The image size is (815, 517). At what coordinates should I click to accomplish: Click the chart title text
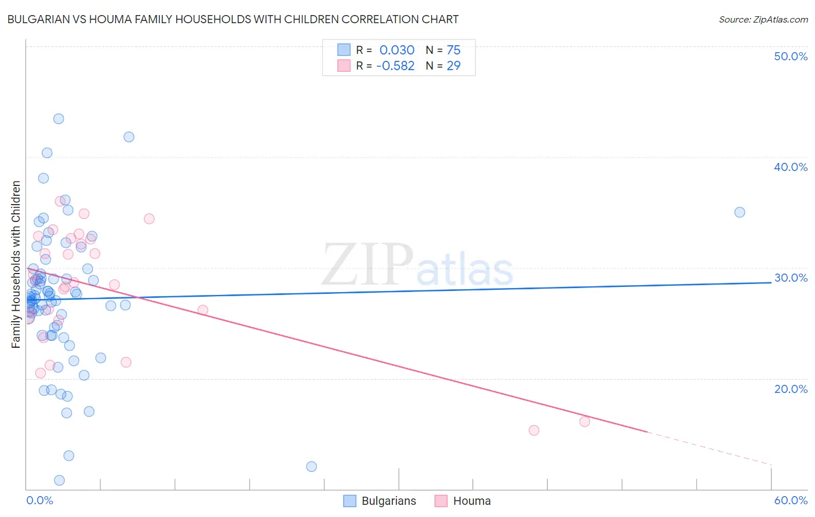(232, 20)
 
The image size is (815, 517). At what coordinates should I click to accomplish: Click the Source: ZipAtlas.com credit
(763, 20)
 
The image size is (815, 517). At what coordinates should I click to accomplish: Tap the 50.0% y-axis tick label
(791, 56)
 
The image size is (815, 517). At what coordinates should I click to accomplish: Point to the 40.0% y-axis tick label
(791, 167)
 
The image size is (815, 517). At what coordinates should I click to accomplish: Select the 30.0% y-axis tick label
(791, 278)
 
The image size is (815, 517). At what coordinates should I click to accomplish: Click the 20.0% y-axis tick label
(791, 389)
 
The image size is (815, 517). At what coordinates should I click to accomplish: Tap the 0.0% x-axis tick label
(39, 500)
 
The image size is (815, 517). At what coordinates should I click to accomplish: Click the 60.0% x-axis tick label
(791, 500)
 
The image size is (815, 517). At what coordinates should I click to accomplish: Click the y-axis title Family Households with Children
(16, 264)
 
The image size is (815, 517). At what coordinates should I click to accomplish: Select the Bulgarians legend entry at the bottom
(380, 501)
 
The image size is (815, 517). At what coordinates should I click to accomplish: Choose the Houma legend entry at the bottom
(463, 501)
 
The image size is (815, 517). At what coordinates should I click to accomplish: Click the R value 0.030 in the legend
(396, 50)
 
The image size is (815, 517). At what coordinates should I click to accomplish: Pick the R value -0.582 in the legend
(395, 66)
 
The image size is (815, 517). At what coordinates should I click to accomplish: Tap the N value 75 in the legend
(453, 50)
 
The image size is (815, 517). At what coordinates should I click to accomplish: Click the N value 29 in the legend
(453, 66)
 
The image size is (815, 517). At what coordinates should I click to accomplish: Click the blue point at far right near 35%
(740, 212)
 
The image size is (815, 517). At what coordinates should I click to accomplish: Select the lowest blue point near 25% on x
(311, 467)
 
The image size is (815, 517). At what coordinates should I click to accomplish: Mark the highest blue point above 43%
(59, 119)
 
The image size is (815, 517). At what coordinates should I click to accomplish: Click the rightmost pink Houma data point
(584, 421)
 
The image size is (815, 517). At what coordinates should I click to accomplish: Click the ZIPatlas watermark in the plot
(417, 266)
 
